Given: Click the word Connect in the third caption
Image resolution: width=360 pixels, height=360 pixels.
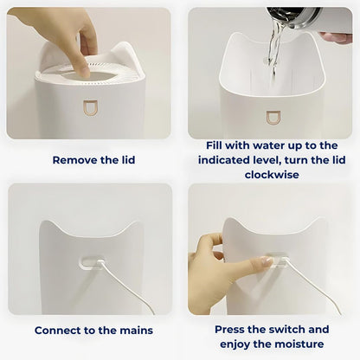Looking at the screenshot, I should (61, 330).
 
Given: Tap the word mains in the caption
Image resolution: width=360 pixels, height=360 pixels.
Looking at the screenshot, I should (135, 330).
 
